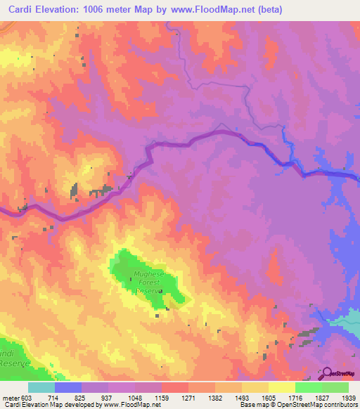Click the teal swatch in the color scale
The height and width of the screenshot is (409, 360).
[x=41, y=387]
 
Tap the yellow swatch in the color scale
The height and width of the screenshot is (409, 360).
[x=281, y=387]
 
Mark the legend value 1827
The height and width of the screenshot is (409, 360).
[x=323, y=398]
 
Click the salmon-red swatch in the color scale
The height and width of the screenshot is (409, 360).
[x=174, y=387]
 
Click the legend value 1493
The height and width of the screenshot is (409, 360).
[x=241, y=398]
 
